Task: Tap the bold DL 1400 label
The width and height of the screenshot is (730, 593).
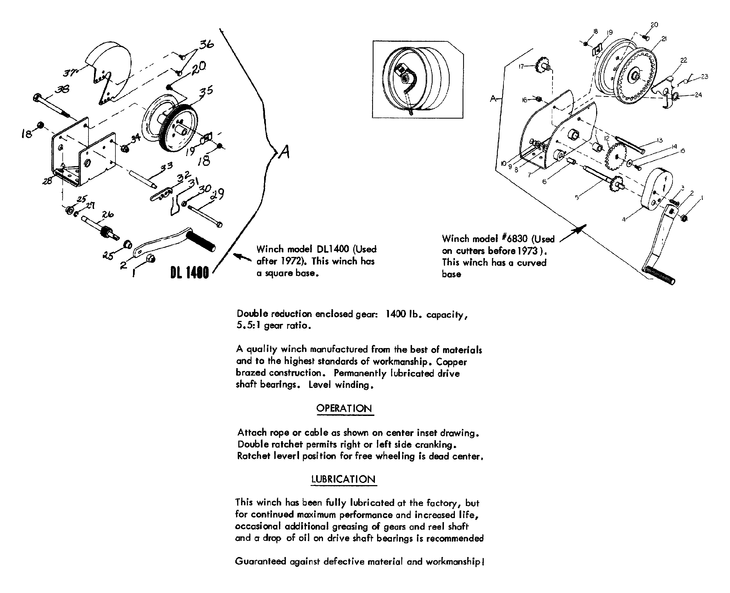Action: pos(189,273)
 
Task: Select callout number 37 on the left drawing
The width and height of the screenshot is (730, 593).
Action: pos(70,73)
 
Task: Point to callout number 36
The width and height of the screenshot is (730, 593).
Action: pos(206,45)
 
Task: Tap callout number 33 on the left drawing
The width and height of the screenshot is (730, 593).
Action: pos(166,167)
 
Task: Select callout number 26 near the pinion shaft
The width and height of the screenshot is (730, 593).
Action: pos(108,214)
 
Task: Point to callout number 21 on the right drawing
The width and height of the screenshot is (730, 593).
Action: pos(664,39)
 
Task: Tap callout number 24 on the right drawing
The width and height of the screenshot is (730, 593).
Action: pos(698,95)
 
